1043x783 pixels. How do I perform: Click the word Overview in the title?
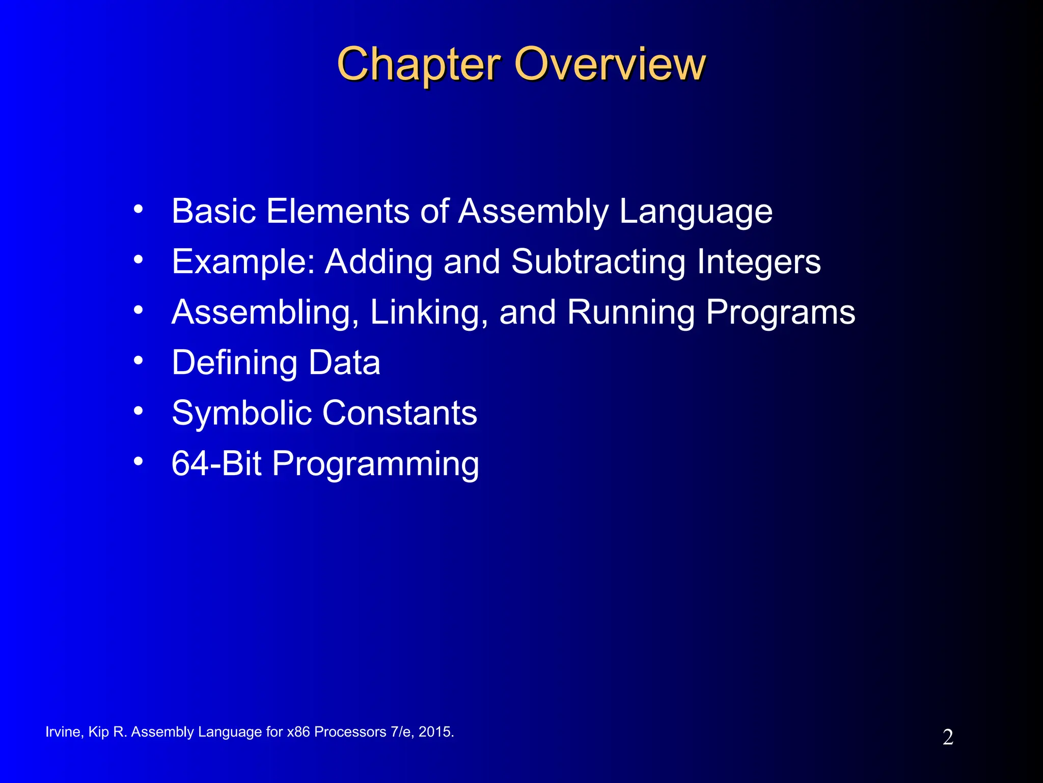610,65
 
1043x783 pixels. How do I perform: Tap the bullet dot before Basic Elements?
138,209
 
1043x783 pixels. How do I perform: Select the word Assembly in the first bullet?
533,212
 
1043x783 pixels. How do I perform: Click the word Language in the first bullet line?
696,212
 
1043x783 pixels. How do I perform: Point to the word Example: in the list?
243,262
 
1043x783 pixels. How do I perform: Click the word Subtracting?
598,262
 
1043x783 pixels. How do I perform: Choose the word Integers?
758,262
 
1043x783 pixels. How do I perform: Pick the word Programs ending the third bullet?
780,312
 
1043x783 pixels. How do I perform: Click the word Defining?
234,363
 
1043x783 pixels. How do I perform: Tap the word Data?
344,363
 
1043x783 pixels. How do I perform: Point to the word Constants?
400,413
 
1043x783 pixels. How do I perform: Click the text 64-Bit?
216,464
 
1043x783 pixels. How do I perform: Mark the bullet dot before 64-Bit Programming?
138,461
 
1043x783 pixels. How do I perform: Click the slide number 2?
947,738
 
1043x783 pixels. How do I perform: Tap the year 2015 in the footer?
435,732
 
